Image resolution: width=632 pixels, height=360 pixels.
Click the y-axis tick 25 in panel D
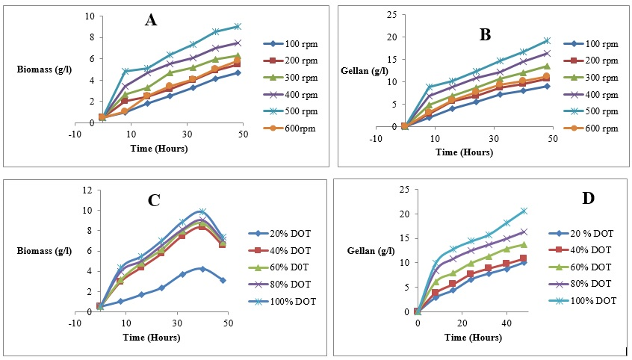coord(403,190)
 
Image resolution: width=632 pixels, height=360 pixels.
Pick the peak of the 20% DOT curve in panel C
coord(202,268)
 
